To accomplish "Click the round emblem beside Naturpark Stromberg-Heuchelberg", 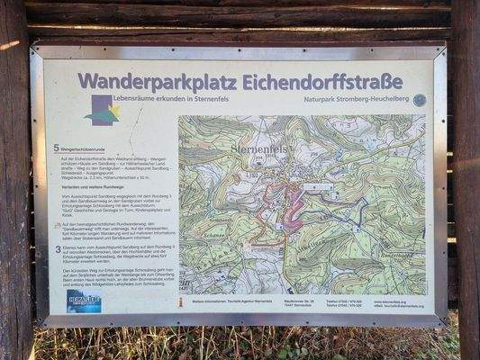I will [x=419, y=100].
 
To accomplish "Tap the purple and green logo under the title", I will [x=102, y=111].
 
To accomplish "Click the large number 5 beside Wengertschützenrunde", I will [x=56, y=146].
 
